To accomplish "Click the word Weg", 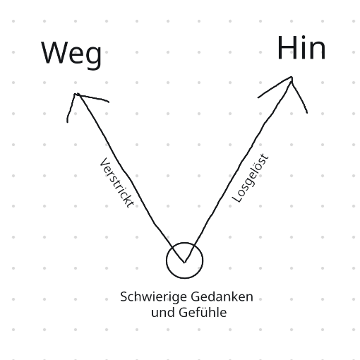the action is pos(71,54).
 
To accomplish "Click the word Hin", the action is pos(301,48).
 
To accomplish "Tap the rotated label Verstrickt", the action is pos(116,183).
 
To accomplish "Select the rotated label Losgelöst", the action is pos(250,178).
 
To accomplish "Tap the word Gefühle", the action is pos(203,313).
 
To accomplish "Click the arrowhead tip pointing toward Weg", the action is pos(76,94).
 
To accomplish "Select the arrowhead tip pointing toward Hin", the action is pos(292,77).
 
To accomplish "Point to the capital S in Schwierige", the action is pos(124,297).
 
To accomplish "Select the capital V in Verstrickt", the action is pos(104,163).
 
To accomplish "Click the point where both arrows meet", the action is pos(184,262).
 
